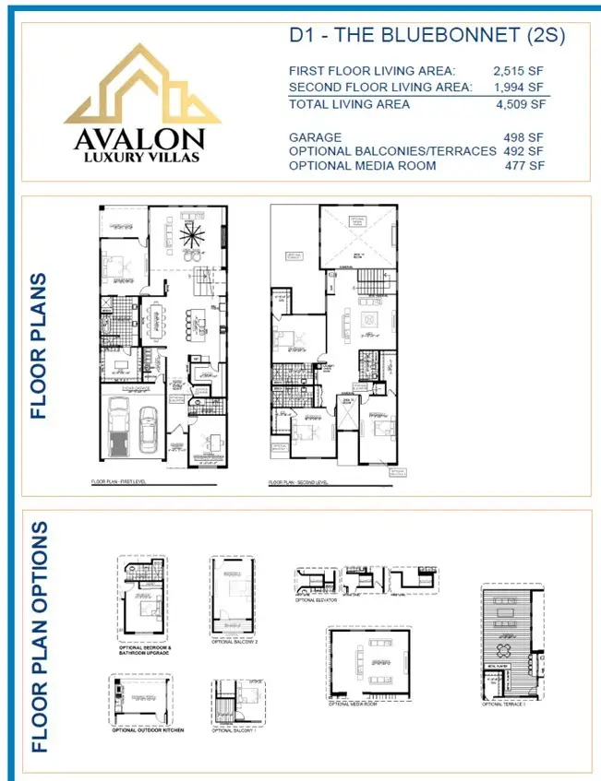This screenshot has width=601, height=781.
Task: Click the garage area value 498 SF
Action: pos(523,137)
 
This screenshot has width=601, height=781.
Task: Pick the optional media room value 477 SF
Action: pos(523,165)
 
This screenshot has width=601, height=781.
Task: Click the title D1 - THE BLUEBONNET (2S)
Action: pos(427,37)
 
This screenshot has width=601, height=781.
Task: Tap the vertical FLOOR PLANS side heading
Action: pos(38,346)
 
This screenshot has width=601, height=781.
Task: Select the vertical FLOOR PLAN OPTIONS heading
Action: pos(38,636)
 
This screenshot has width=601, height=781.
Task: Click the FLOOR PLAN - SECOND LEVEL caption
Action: pos(297,482)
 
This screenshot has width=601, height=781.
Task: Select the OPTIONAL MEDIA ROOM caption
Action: pos(352,704)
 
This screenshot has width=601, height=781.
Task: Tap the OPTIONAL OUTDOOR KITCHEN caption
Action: pos(148,729)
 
